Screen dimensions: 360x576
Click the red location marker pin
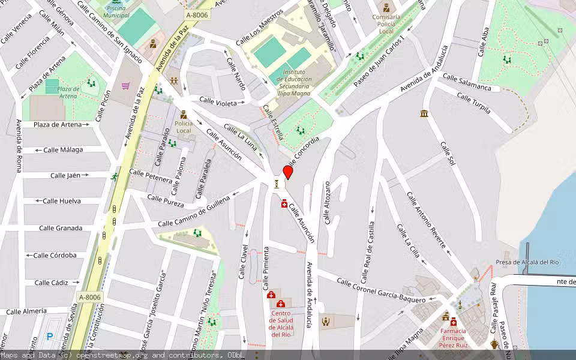(x=288, y=173)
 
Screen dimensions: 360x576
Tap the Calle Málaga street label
(x=63, y=150)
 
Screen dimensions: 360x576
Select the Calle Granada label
(x=61, y=228)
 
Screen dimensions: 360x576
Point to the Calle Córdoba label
(x=55, y=255)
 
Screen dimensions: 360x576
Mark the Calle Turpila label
(x=473, y=103)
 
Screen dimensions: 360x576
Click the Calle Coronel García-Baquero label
(x=381, y=290)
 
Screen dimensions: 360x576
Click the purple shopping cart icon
(x=125, y=86)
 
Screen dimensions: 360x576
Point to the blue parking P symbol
(x=50, y=337)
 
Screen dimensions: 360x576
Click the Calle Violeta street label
(x=218, y=103)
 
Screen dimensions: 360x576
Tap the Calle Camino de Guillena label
(x=194, y=212)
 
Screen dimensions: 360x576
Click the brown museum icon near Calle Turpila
(x=424, y=113)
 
